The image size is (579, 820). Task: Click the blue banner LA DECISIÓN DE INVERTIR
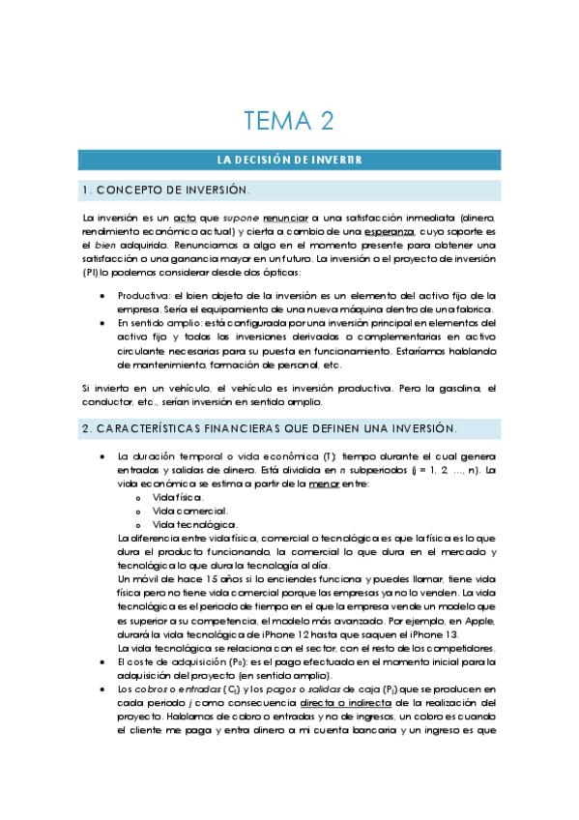289,160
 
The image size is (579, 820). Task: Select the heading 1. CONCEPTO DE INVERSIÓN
166,190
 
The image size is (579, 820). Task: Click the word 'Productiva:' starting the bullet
143,295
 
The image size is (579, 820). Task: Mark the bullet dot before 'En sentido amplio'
102,323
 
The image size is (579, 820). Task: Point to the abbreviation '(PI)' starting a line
91,274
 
